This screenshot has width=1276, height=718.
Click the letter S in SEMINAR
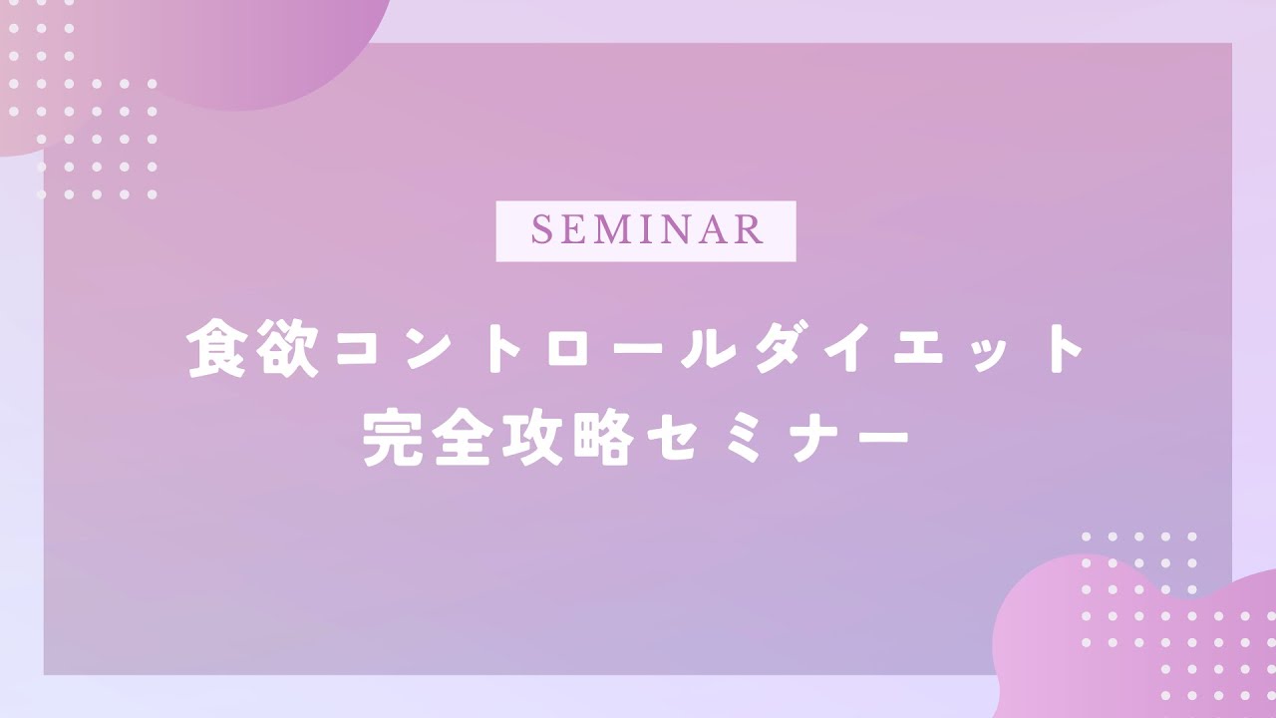pos(540,229)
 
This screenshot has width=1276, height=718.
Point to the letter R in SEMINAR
pos(750,229)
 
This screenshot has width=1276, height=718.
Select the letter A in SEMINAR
pos(714,229)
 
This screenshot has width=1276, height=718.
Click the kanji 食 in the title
pos(216,349)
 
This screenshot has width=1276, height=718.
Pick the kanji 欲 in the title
pos(286,349)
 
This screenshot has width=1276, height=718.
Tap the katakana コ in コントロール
pos(357,349)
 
